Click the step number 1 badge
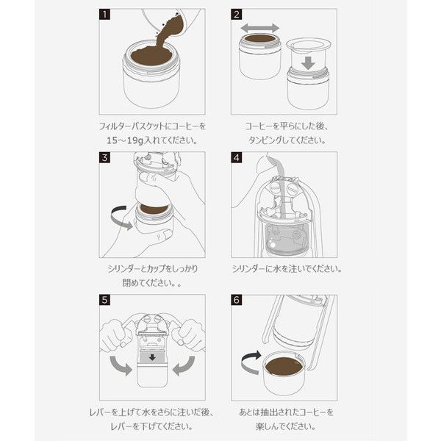104,15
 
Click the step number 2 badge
236,15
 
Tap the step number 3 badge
104,157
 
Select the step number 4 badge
236,157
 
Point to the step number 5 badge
104,300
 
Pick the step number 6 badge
236,300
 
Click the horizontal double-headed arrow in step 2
260,28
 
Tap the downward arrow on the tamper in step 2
308,63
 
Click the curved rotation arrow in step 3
118,219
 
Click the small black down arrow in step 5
152,357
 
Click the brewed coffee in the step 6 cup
284,366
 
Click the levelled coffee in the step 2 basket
259,38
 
